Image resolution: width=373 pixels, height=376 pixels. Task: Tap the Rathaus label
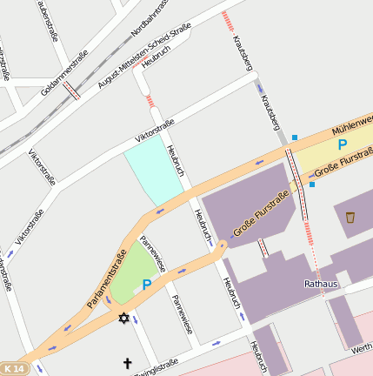pos(321,284)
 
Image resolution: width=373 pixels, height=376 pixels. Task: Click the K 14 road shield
pos(14,369)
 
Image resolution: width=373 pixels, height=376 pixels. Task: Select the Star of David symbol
pos(123,319)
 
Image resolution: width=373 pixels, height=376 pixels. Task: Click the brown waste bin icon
pos(350,217)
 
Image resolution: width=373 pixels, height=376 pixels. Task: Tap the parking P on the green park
pos(147,284)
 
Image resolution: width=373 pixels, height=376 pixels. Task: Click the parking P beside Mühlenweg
pos(342,144)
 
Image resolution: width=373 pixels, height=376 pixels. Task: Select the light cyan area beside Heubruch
pos(153,172)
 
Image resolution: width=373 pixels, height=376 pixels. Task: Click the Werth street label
pos(362,349)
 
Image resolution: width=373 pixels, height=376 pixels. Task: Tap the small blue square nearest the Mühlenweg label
pos(294,138)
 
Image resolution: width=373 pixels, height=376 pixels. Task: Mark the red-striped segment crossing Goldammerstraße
pos(71,90)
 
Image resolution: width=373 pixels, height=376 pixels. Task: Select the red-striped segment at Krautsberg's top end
pos(227,18)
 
